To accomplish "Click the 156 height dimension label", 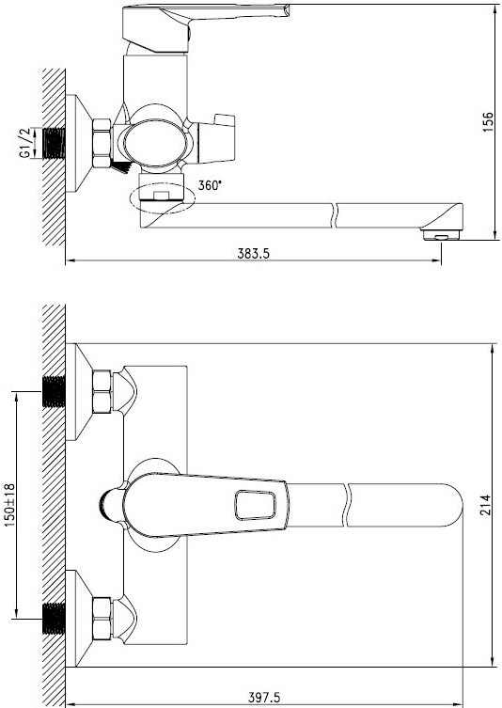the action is tap(489, 121).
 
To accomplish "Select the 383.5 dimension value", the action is tap(253, 254).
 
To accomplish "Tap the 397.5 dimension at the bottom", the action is tap(264, 698).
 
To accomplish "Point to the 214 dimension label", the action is tap(485, 505).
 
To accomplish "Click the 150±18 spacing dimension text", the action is tap(9, 505).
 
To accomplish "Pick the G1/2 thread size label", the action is tap(25, 143).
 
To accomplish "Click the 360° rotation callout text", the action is tap(210, 185).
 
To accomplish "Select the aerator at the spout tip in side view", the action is tap(441, 234).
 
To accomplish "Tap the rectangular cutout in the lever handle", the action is tap(255, 505).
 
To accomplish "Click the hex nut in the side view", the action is tap(102, 143).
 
